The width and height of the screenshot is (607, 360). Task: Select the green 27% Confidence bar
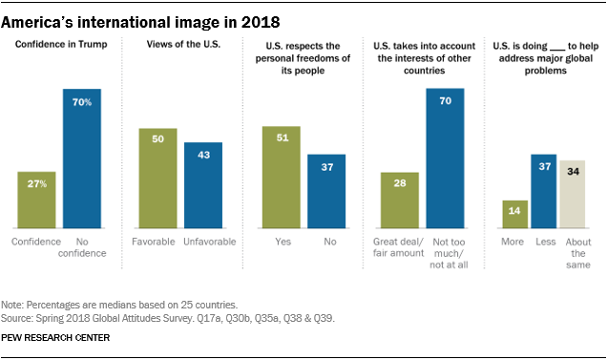click(x=36, y=200)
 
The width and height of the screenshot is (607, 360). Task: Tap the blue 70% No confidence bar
click(x=83, y=159)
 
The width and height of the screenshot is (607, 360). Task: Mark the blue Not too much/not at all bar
click(x=446, y=159)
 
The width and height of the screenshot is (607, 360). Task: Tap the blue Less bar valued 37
click(x=544, y=191)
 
